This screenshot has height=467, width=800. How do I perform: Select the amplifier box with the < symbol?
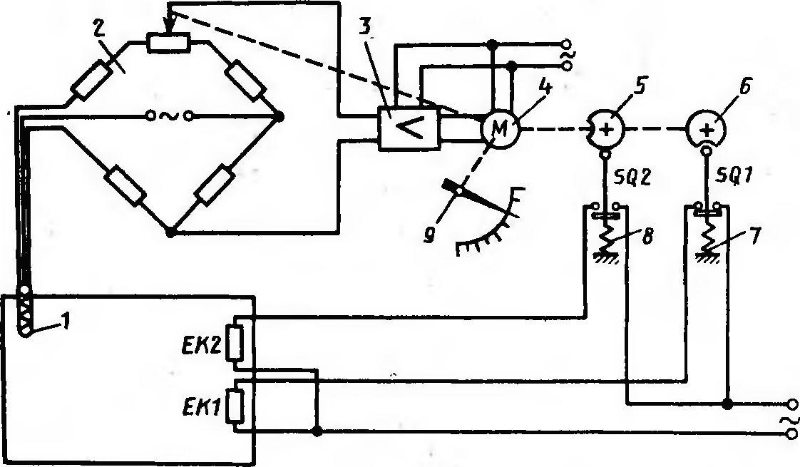[409, 128]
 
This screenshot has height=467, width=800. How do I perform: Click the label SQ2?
[632, 178]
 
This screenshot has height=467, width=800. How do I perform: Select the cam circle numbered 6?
[707, 129]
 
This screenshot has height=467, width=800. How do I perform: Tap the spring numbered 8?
[605, 237]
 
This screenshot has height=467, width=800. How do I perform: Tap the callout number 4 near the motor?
[546, 88]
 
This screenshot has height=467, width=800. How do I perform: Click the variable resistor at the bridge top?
[168, 43]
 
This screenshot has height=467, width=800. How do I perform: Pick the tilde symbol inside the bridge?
[168, 116]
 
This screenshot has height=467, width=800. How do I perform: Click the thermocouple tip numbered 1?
[24, 329]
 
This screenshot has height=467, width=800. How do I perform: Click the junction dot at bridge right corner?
[279, 116]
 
